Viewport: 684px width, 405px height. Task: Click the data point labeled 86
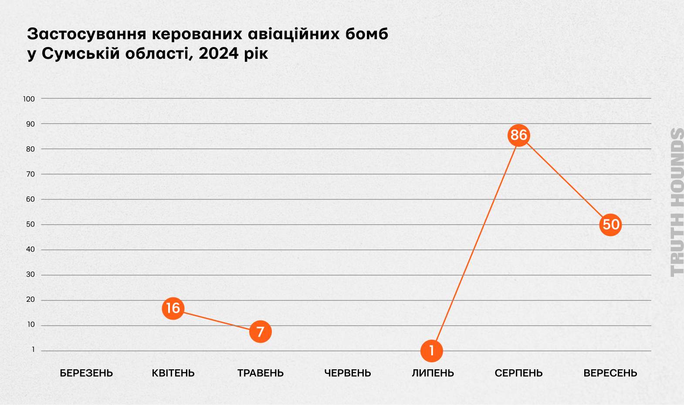click(518, 135)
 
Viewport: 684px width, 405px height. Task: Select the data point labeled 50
click(610, 225)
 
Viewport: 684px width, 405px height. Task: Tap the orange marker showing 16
click(173, 308)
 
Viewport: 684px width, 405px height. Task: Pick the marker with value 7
click(261, 332)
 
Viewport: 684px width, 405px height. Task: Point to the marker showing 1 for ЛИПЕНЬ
click(432, 351)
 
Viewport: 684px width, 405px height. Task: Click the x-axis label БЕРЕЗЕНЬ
click(86, 373)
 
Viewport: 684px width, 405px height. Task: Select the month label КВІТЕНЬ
click(173, 373)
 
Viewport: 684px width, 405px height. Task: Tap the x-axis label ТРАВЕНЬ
click(261, 373)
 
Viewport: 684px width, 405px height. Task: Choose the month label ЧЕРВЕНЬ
click(348, 373)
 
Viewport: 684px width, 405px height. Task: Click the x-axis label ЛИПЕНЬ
click(433, 373)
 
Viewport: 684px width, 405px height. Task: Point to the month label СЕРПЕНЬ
click(518, 373)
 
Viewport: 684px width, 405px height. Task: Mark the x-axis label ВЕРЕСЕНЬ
click(610, 373)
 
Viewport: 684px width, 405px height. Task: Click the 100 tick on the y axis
click(29, 99)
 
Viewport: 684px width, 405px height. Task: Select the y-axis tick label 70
click(30, 174)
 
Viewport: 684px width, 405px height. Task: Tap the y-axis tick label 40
click(30, 250)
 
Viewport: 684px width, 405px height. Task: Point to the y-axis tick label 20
click(30, 300)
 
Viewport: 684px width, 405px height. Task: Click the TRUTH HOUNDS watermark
click(677, 202)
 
